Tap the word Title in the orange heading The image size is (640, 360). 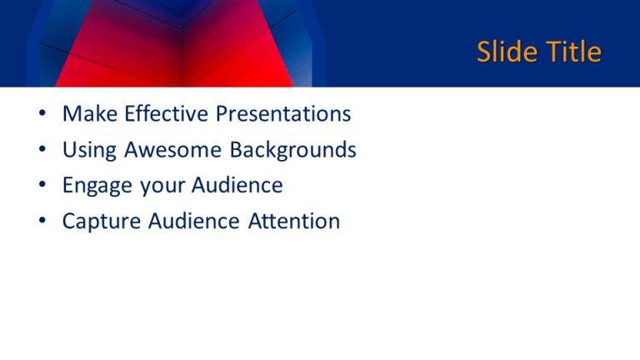click(x=573, y=52)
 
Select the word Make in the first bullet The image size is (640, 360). click(x=89, y=114)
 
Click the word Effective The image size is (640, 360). click(x=166, y=114)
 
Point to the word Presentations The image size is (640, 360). click(x=283, y=114)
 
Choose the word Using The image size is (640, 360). click(x=89, y=150)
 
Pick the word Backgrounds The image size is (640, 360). click(x=293, y=150)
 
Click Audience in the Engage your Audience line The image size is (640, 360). click(x=237, y=186)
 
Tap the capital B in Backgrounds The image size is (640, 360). click(x=237, y=150)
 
